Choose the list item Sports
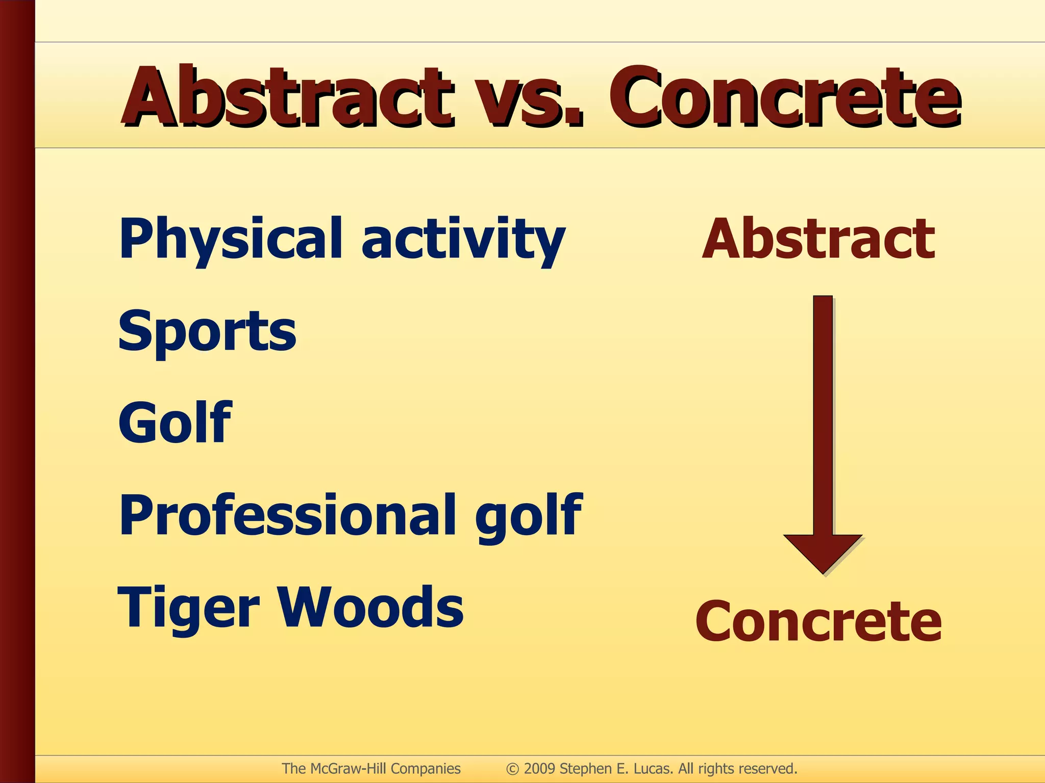(207, 331)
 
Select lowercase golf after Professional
(528, 516)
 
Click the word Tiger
(189, 608)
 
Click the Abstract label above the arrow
(818, 239)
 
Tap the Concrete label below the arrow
(818, 621)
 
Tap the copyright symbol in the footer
(512, 769)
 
